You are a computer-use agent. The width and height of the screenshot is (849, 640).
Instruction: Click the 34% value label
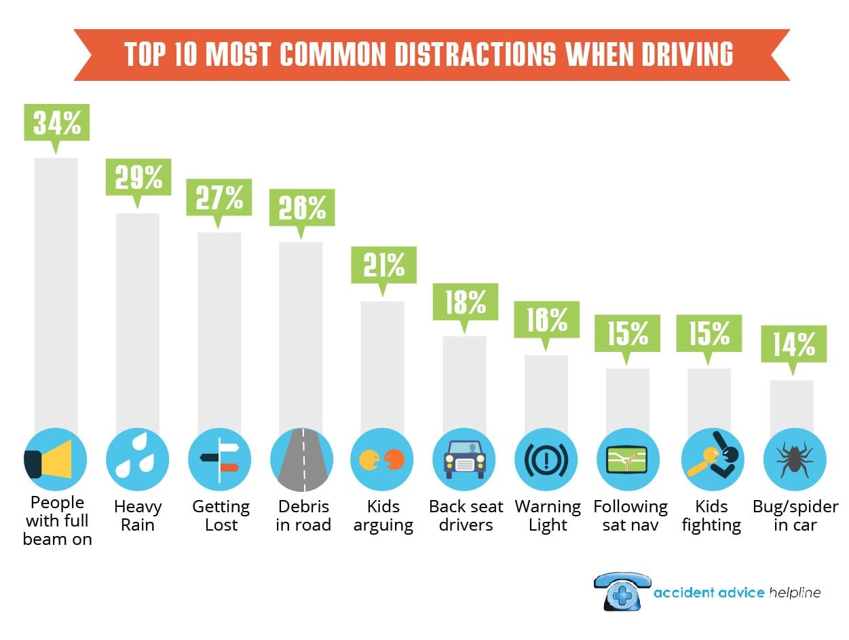click(x=56, y=122)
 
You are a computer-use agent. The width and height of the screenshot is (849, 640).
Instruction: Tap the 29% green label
click(x=138, y=177)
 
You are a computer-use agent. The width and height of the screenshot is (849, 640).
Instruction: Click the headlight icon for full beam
click(x=56, y=459)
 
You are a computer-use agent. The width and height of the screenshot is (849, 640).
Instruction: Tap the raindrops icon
click(x=137, y=459)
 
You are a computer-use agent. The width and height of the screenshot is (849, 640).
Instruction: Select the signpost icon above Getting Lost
click(x=219, y=459)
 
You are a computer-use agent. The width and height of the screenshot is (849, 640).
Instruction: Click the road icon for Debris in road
click(x=301, y=459)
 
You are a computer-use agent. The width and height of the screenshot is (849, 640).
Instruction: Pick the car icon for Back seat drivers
click(x=465, y=459)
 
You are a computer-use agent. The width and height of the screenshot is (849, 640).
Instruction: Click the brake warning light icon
click(x=546, y=459)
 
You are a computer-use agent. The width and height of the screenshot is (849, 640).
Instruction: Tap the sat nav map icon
click(x=628, y=459)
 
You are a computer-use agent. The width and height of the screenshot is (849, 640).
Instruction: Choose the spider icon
click(x=795, y=459)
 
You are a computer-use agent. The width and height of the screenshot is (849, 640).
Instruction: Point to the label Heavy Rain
click(x=138, y=516)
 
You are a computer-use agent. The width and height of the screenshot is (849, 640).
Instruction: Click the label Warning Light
click(x=548, y=516)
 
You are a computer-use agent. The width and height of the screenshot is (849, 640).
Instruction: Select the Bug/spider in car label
click(x=795, y=516)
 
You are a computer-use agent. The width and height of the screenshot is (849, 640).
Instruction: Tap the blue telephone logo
click(x=622, y=590)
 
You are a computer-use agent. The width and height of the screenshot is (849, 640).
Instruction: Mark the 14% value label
click(x=793, y=345)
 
